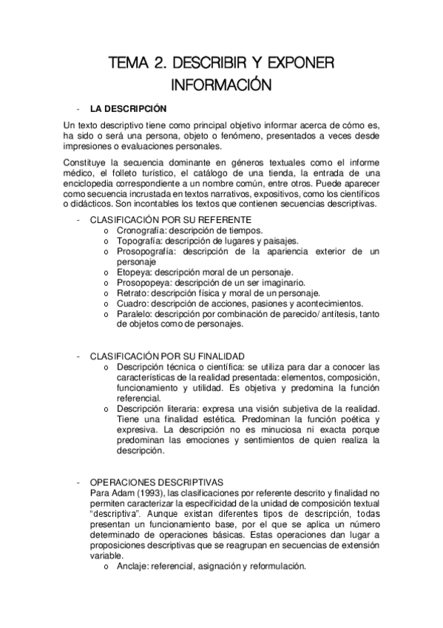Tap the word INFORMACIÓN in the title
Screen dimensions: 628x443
coord(221,84)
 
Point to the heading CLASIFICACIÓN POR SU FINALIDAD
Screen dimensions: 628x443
coord(168,356)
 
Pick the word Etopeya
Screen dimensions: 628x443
coord(133,272)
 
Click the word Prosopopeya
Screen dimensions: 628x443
coord(143,282)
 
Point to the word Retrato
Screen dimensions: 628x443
coord(131,293)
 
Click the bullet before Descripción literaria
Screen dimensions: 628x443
coord(107,409)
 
